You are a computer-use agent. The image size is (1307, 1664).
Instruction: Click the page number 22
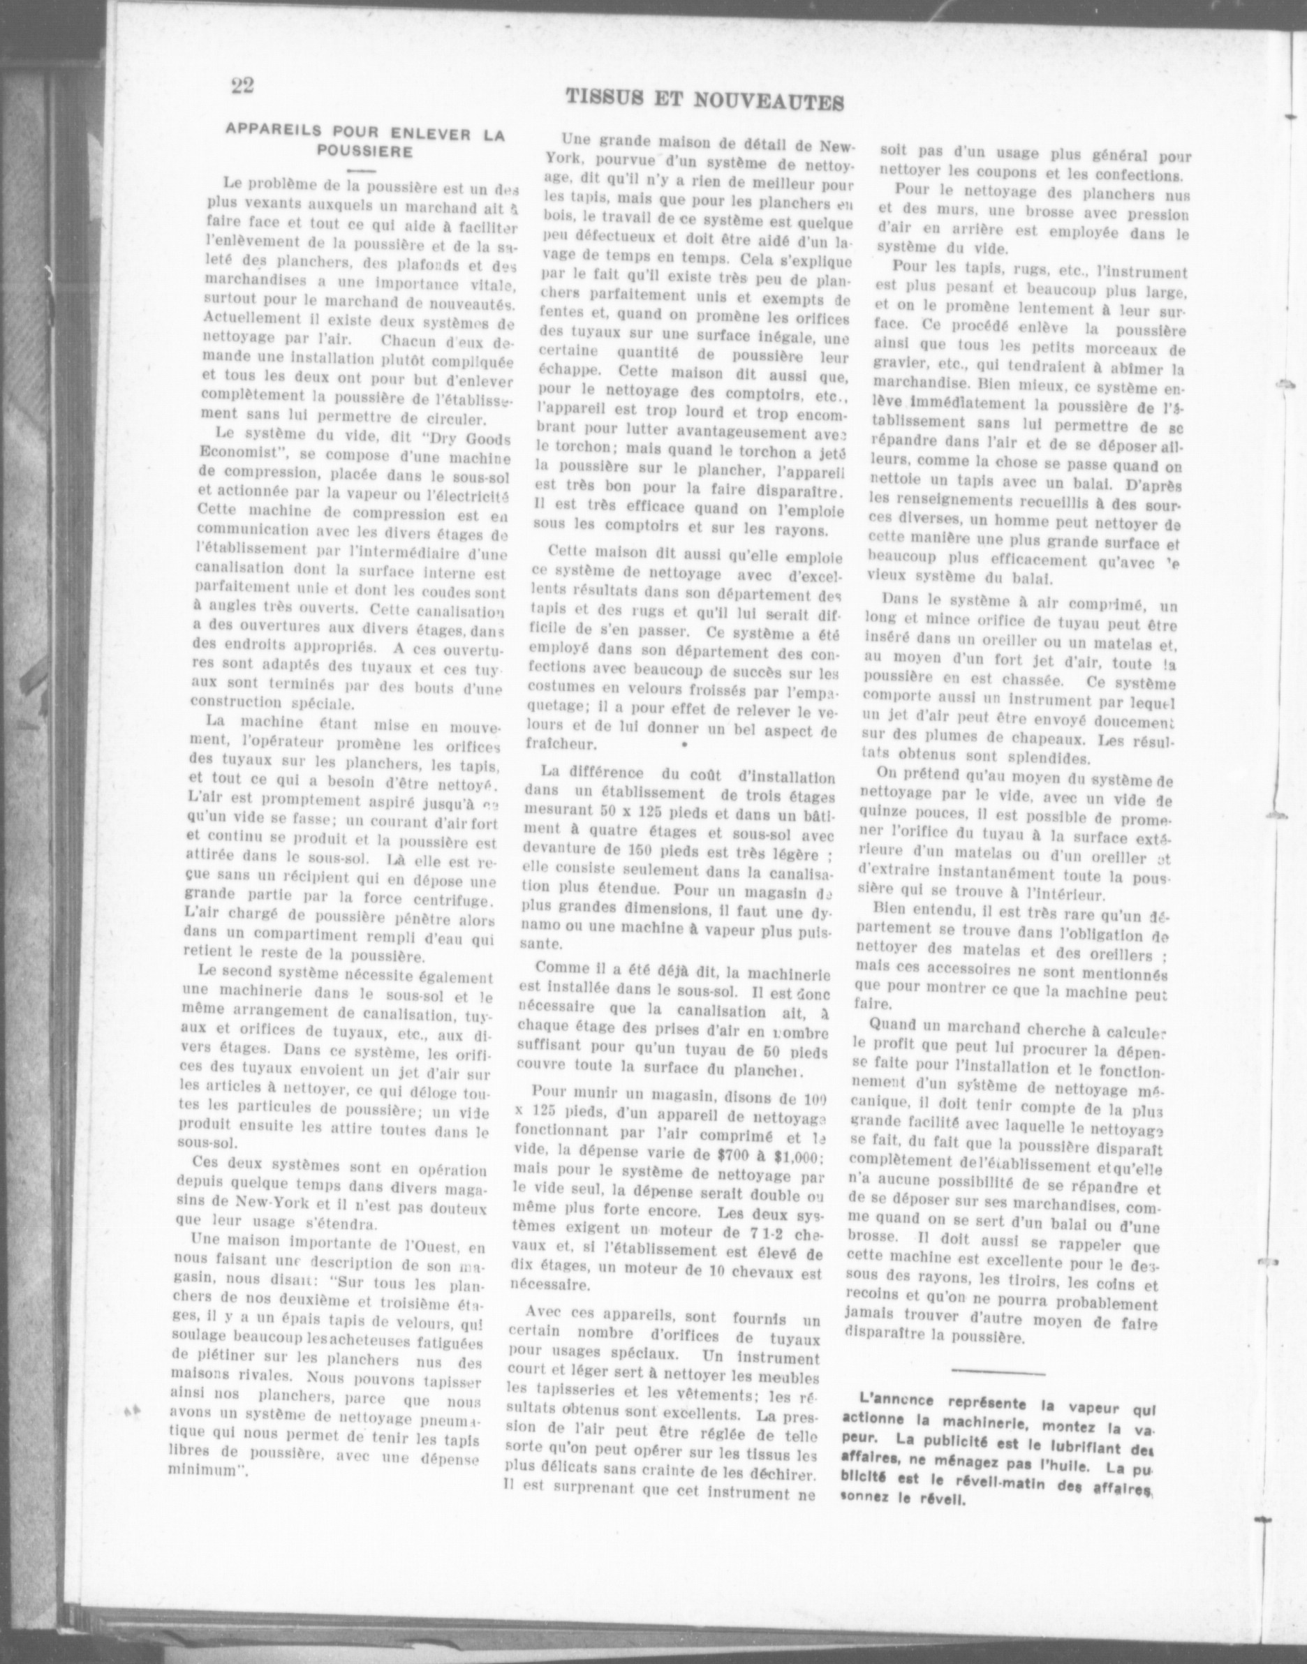(242, 85)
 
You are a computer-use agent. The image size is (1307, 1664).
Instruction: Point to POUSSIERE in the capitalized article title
(365, 151)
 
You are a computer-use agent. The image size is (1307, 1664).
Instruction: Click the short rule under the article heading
(360, 168)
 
